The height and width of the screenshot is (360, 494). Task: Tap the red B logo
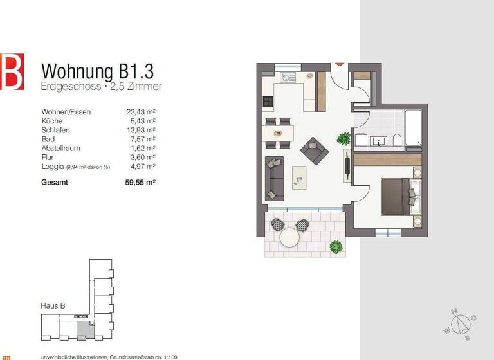coord(12,71)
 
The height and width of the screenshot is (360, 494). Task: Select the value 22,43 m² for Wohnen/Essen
coord(142,112)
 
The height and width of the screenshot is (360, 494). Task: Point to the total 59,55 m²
coord(142,182)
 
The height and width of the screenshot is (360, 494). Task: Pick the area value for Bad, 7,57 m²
coord(143,139)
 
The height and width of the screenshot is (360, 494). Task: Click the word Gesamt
coord(55,182)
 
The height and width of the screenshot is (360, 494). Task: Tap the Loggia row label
coord(53,166)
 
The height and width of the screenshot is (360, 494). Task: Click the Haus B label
coord(53,307)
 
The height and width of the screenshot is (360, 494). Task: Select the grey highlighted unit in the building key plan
coord(84,330)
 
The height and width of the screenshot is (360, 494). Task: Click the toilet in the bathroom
coord(397,139)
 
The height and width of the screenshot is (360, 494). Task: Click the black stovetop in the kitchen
coord(268,102)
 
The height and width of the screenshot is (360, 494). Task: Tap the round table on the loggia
coord(290,237)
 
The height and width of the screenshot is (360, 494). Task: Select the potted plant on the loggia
coord(335,246)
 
